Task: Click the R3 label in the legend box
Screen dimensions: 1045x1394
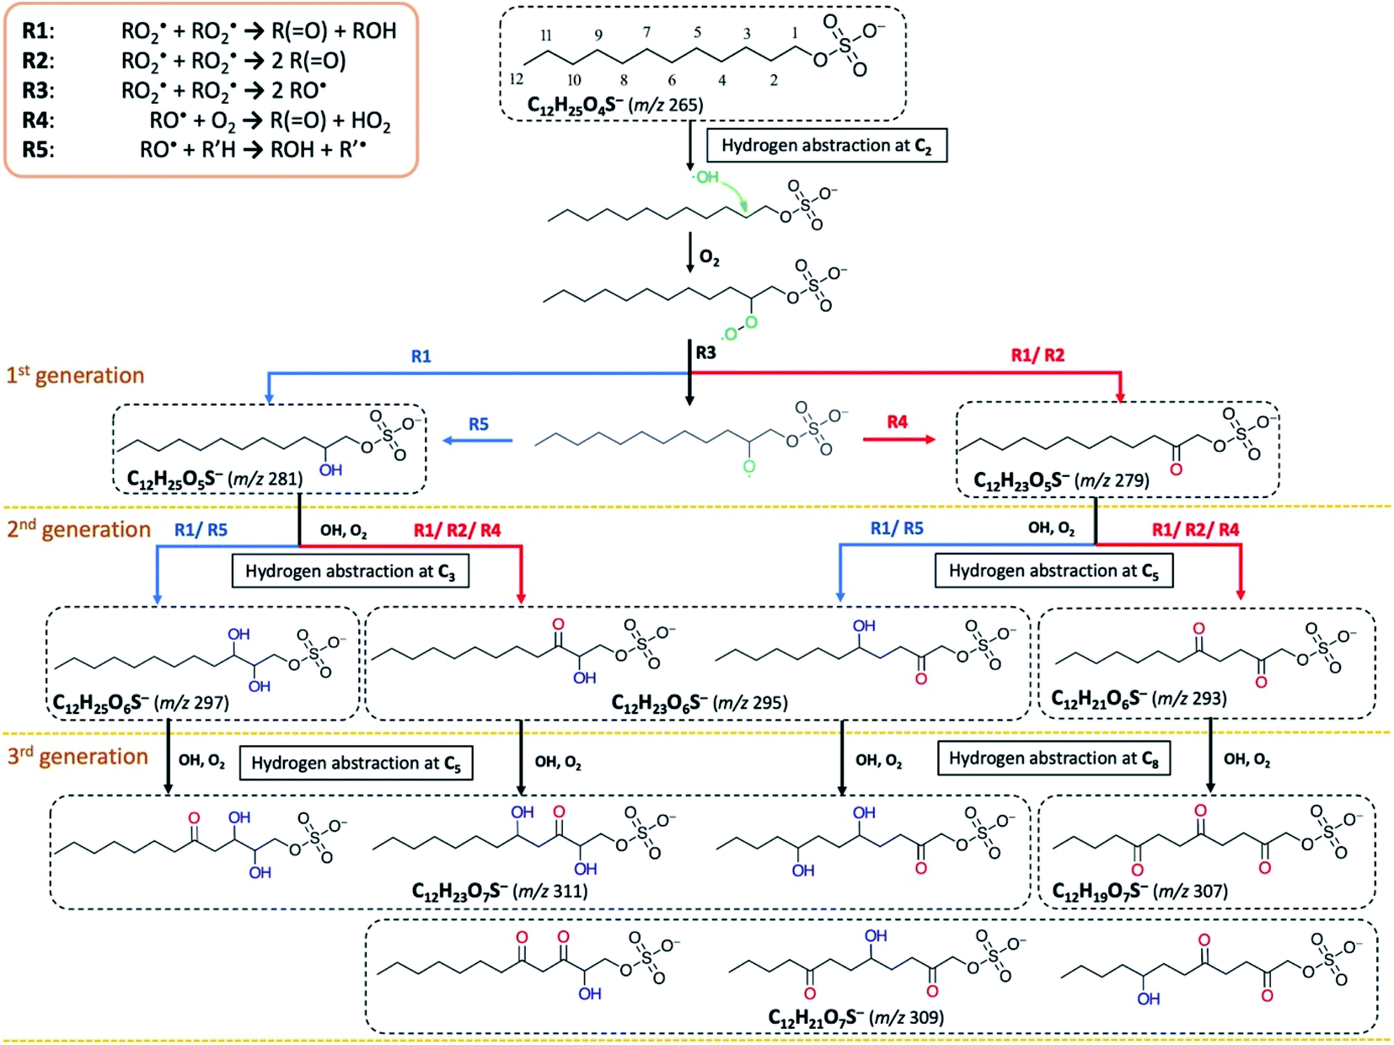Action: click(x=38, y=90)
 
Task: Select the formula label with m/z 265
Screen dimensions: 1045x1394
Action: click(x=614, y=104)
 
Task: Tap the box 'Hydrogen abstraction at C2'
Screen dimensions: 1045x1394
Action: click(x=826, y=146)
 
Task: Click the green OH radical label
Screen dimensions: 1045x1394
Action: click(x=706, y=177)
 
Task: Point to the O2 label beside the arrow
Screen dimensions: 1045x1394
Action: click(x=710, y=258)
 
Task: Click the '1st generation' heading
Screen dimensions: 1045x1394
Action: click(x=76, y=375)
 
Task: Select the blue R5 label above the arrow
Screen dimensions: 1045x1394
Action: click(x=478, y=424)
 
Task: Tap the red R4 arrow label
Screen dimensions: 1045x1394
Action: click(x=897, y=421)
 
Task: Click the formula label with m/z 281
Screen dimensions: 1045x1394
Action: click(x=214, y=479)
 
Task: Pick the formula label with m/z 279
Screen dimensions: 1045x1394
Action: click(x=1061, y=480)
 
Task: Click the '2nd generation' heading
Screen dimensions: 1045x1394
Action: click(x=78, y=529)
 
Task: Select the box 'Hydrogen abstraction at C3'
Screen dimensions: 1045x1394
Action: click(x=350, y=571)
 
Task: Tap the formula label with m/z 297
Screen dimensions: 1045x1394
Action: click(x=141, y=702)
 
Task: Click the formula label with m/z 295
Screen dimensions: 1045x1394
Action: click(x=700, y=702)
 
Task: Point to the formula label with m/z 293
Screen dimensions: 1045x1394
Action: click(x=1139, y=698)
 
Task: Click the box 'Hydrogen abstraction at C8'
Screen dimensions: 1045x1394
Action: click(x=1054, y=758)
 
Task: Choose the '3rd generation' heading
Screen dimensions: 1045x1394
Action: click(x=78, y=756)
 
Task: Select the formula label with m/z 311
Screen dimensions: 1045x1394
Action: click(x=500, y=891)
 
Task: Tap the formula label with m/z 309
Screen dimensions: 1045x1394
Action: click(x=855, y=1017)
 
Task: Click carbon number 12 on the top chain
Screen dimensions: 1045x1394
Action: click(x=516, y=78)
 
